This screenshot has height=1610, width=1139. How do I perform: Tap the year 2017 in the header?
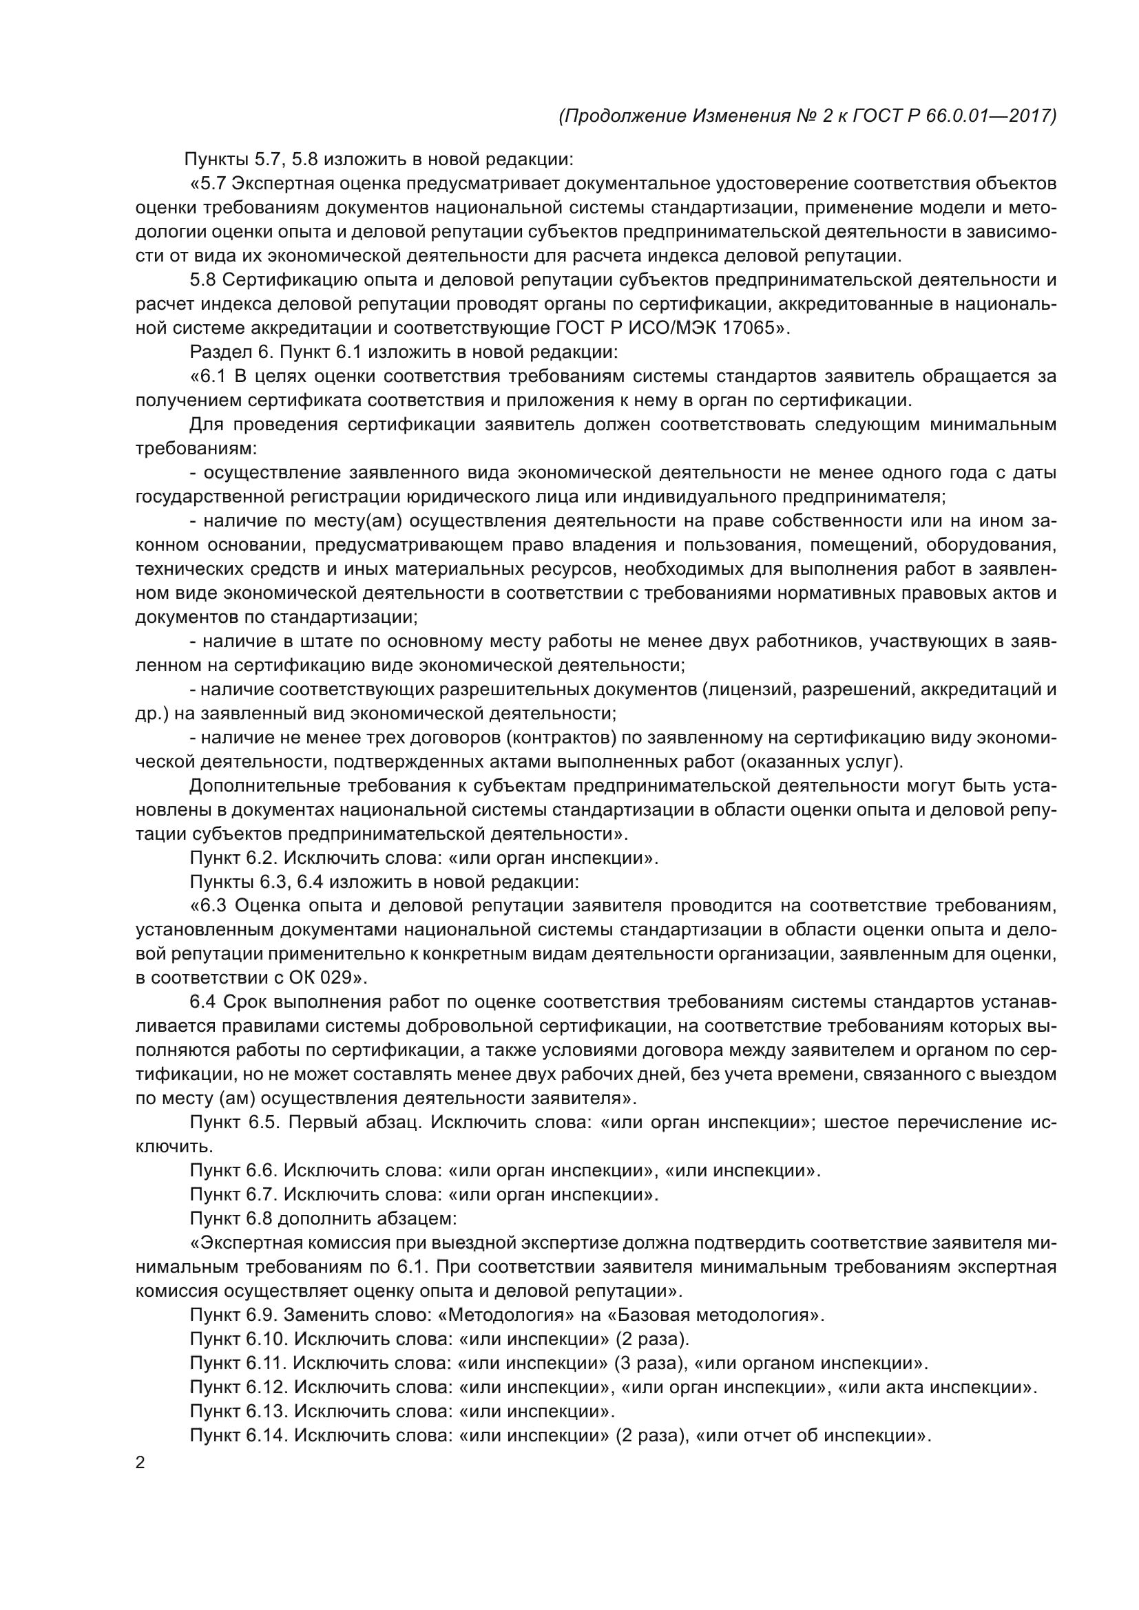(x=1030, y=116)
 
